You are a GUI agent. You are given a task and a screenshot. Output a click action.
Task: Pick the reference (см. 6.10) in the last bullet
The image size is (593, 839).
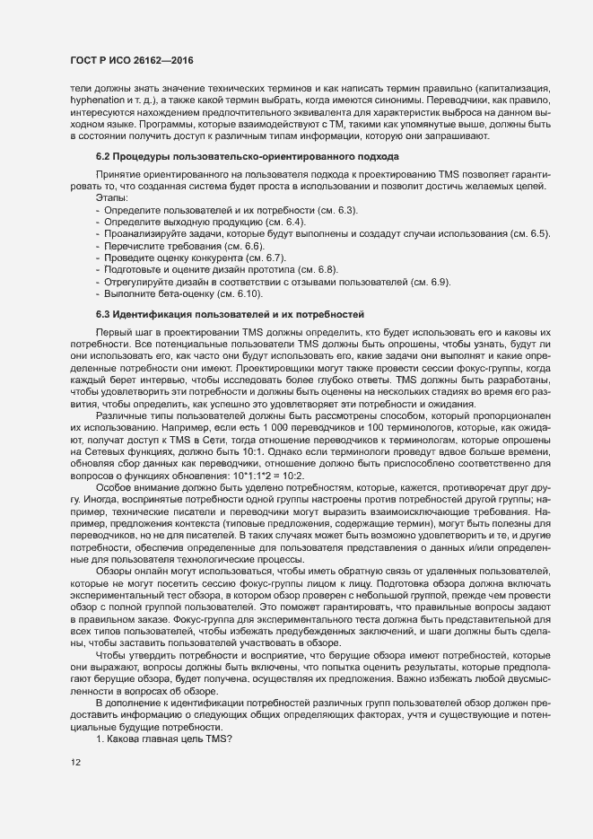[239, 293]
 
